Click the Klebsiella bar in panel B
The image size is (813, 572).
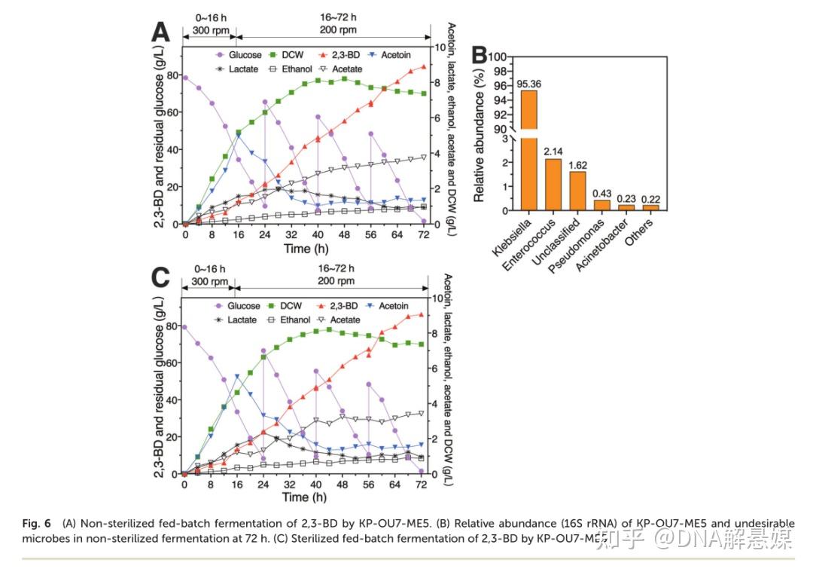click(x=529, y=151)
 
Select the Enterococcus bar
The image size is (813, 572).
click(x=553, y=185)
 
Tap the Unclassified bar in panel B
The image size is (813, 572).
click(x=577, y=191)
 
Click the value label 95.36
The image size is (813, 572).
click(x=529, y=84)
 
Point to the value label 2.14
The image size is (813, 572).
click(x=553, y=153)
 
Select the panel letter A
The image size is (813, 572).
click(x=160, y=32)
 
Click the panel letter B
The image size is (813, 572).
click(x=479, y=56)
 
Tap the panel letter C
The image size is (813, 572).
click(x=160, y=277)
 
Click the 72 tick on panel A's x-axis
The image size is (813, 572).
click(x=425, y=234)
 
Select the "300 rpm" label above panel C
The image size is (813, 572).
click(x=209, y=281)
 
